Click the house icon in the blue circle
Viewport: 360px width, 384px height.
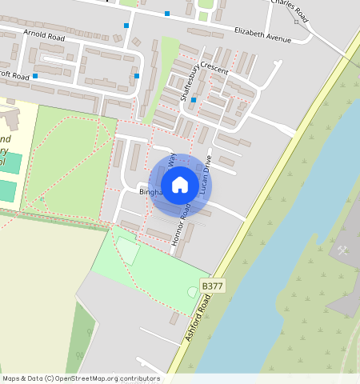pos(180,185)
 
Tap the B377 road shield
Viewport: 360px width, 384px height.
pos(212,286)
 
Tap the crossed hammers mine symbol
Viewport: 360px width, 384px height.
pos(343,250)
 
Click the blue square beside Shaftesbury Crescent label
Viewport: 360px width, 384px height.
pos(194,100)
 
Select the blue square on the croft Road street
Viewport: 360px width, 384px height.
pos(35,76)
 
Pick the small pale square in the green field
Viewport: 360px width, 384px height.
pos(128,251)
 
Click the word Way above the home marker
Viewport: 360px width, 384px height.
pos(172,158)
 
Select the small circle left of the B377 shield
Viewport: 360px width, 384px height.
pos(192,291)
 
